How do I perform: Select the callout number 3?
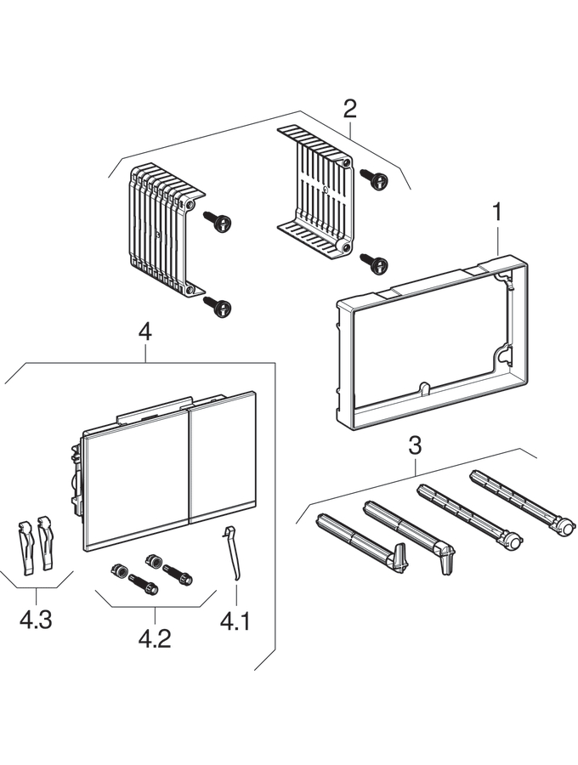coord(415,445)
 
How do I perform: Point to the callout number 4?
coord(145,331)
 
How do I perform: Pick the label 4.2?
coord(155,637)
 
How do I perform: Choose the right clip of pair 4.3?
coord(45,544)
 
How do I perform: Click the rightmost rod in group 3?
coord(518,501)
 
